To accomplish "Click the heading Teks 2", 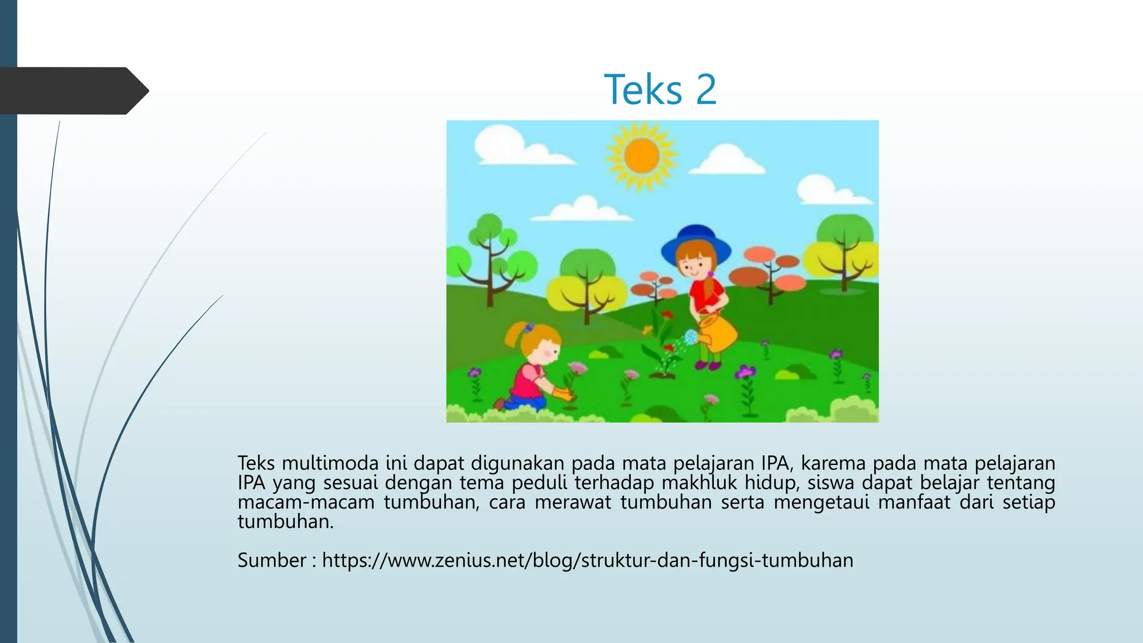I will (x=660, y=89).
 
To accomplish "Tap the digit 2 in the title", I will (x=705, y=89).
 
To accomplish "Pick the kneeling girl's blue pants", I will (x=527, y=402).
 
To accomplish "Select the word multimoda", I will (x=330, y=463).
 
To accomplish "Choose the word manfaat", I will (x=914, y=502).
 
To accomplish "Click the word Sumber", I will (x=272, y=560).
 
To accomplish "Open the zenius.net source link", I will (x=588, y=560).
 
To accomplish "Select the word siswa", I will (x=830, y=483).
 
